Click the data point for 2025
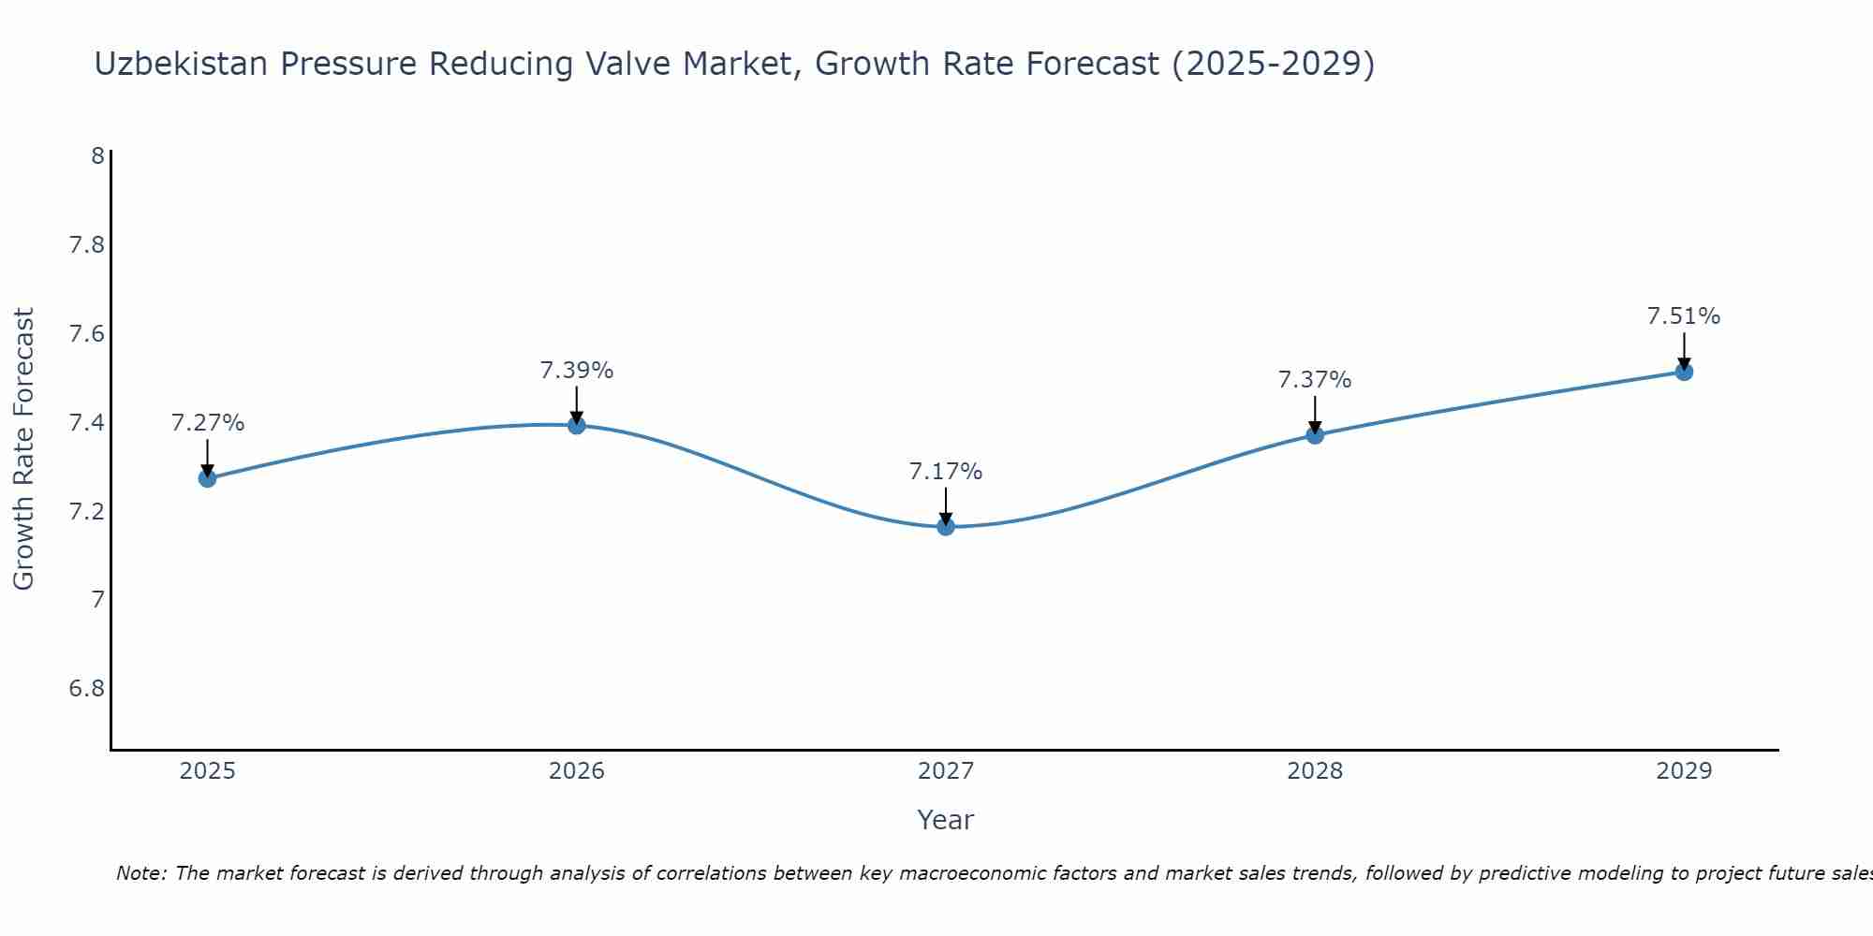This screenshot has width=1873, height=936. click(207, 478)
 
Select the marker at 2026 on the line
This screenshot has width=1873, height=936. click(577, 425)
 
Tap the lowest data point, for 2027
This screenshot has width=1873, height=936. click(946, 527)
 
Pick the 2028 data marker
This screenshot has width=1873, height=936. click(1315, 434)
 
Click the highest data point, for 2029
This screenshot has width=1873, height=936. click(1684, 372)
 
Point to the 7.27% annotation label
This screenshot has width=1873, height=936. click(207, 423)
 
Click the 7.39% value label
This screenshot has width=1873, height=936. click(577, 371)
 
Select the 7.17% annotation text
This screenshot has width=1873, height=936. click(946, 472)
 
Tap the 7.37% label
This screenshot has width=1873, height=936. click(1315, 380)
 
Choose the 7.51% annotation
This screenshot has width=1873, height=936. click(1684, 316)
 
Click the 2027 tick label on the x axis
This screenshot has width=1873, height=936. click(946, 771)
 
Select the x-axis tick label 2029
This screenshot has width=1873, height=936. click(1684, 771)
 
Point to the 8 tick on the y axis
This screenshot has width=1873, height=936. click(97, 156)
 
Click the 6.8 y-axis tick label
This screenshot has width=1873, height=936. click(87, 689)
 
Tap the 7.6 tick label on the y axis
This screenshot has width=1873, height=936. click(87, 334)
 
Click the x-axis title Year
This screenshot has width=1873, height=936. click(946, 820)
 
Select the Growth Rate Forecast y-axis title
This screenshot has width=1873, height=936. click(23, 449)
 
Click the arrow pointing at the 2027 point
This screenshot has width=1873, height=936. click(946, 505)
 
